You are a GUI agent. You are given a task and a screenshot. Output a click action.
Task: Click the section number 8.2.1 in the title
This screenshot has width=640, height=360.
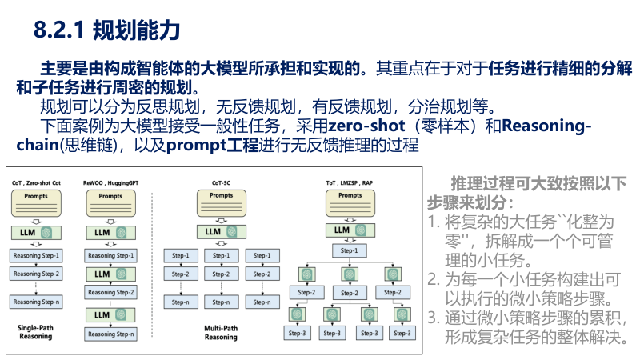pos(60,31)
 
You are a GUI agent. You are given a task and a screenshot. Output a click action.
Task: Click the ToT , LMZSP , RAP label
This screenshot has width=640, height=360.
pos(349,183)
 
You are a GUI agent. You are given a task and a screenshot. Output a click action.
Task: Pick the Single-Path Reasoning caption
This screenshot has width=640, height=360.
pos(34,332)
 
